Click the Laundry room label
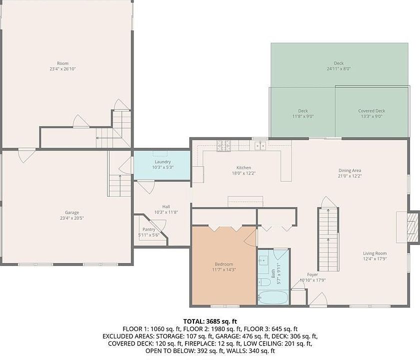pyautogui.click(x=162, y=162)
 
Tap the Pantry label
pyautogui.click(x=148, y=229)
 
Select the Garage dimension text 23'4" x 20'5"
pyautogui.click(x=72, y=218)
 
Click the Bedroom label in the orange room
pyautogui.click(x=223, y=264)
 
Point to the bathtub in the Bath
pyautogui.click(x=273, y=297)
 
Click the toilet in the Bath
pyautogui.click(x=263, y=282)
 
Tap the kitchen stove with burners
pyautogui.click(x=223, y=145)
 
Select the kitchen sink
pyautogui.click(x=259, y=145)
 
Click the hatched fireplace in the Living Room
pyautogui.click(x=412, y=227)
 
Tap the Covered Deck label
pyautogui.click(x=371, y=110)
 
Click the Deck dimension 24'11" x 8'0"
pyautogui.click(x=338, y=69)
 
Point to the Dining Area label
pyautogui.click(x=349, y=170)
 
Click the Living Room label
pyautogui.click(x=374, y=253)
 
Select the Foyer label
pyautogui.click(x=312, y=274)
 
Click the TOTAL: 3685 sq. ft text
pyautogui.click(x=210, y=321)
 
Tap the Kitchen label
pyautogui.click(x=243, y=167)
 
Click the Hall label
pyautogui.click(x=166, y=206)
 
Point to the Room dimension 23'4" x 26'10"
pyautogui.click(x=62, y=69)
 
